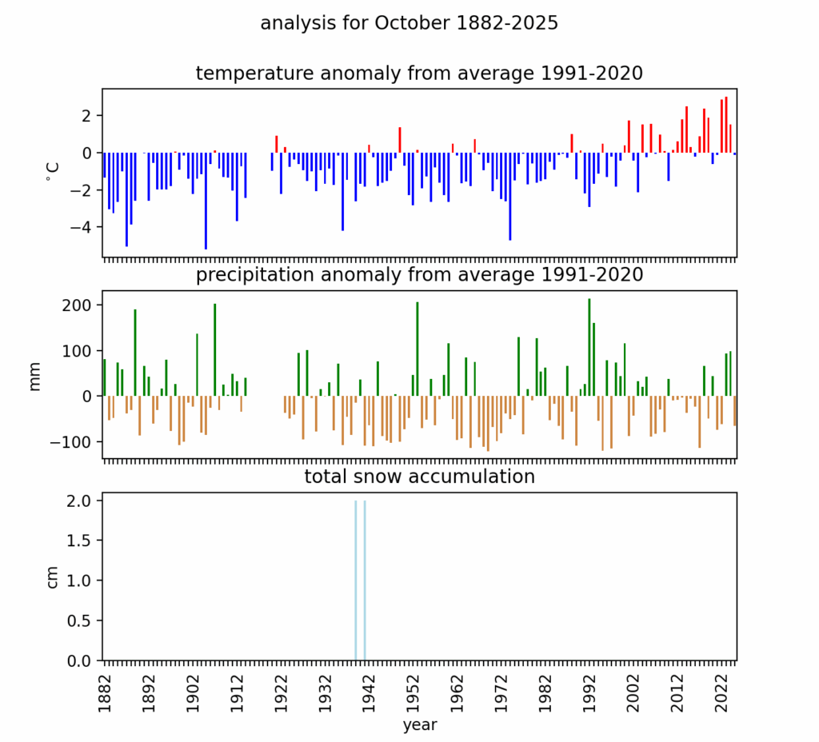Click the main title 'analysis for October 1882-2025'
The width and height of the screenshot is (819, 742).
(x=409, y=24)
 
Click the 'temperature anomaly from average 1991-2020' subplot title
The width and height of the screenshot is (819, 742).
(x=419, y=74)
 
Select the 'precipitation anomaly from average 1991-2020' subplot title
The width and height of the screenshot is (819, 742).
(x=419, y=275)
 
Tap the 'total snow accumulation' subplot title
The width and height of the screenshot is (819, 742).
(x=419, y=477)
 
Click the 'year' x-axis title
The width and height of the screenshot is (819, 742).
(x=419, y=725)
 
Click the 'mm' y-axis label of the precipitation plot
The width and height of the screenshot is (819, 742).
(x=35, y=377)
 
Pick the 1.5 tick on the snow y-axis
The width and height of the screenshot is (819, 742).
(x=82, y=541)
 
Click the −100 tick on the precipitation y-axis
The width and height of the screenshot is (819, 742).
(x=77, y=441)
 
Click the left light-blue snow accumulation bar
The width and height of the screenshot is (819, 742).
(x=356, y=580)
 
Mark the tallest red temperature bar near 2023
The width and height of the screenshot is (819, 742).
(x=726, y=125)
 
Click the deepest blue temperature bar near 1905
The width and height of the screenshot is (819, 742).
(x=206, y=200)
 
